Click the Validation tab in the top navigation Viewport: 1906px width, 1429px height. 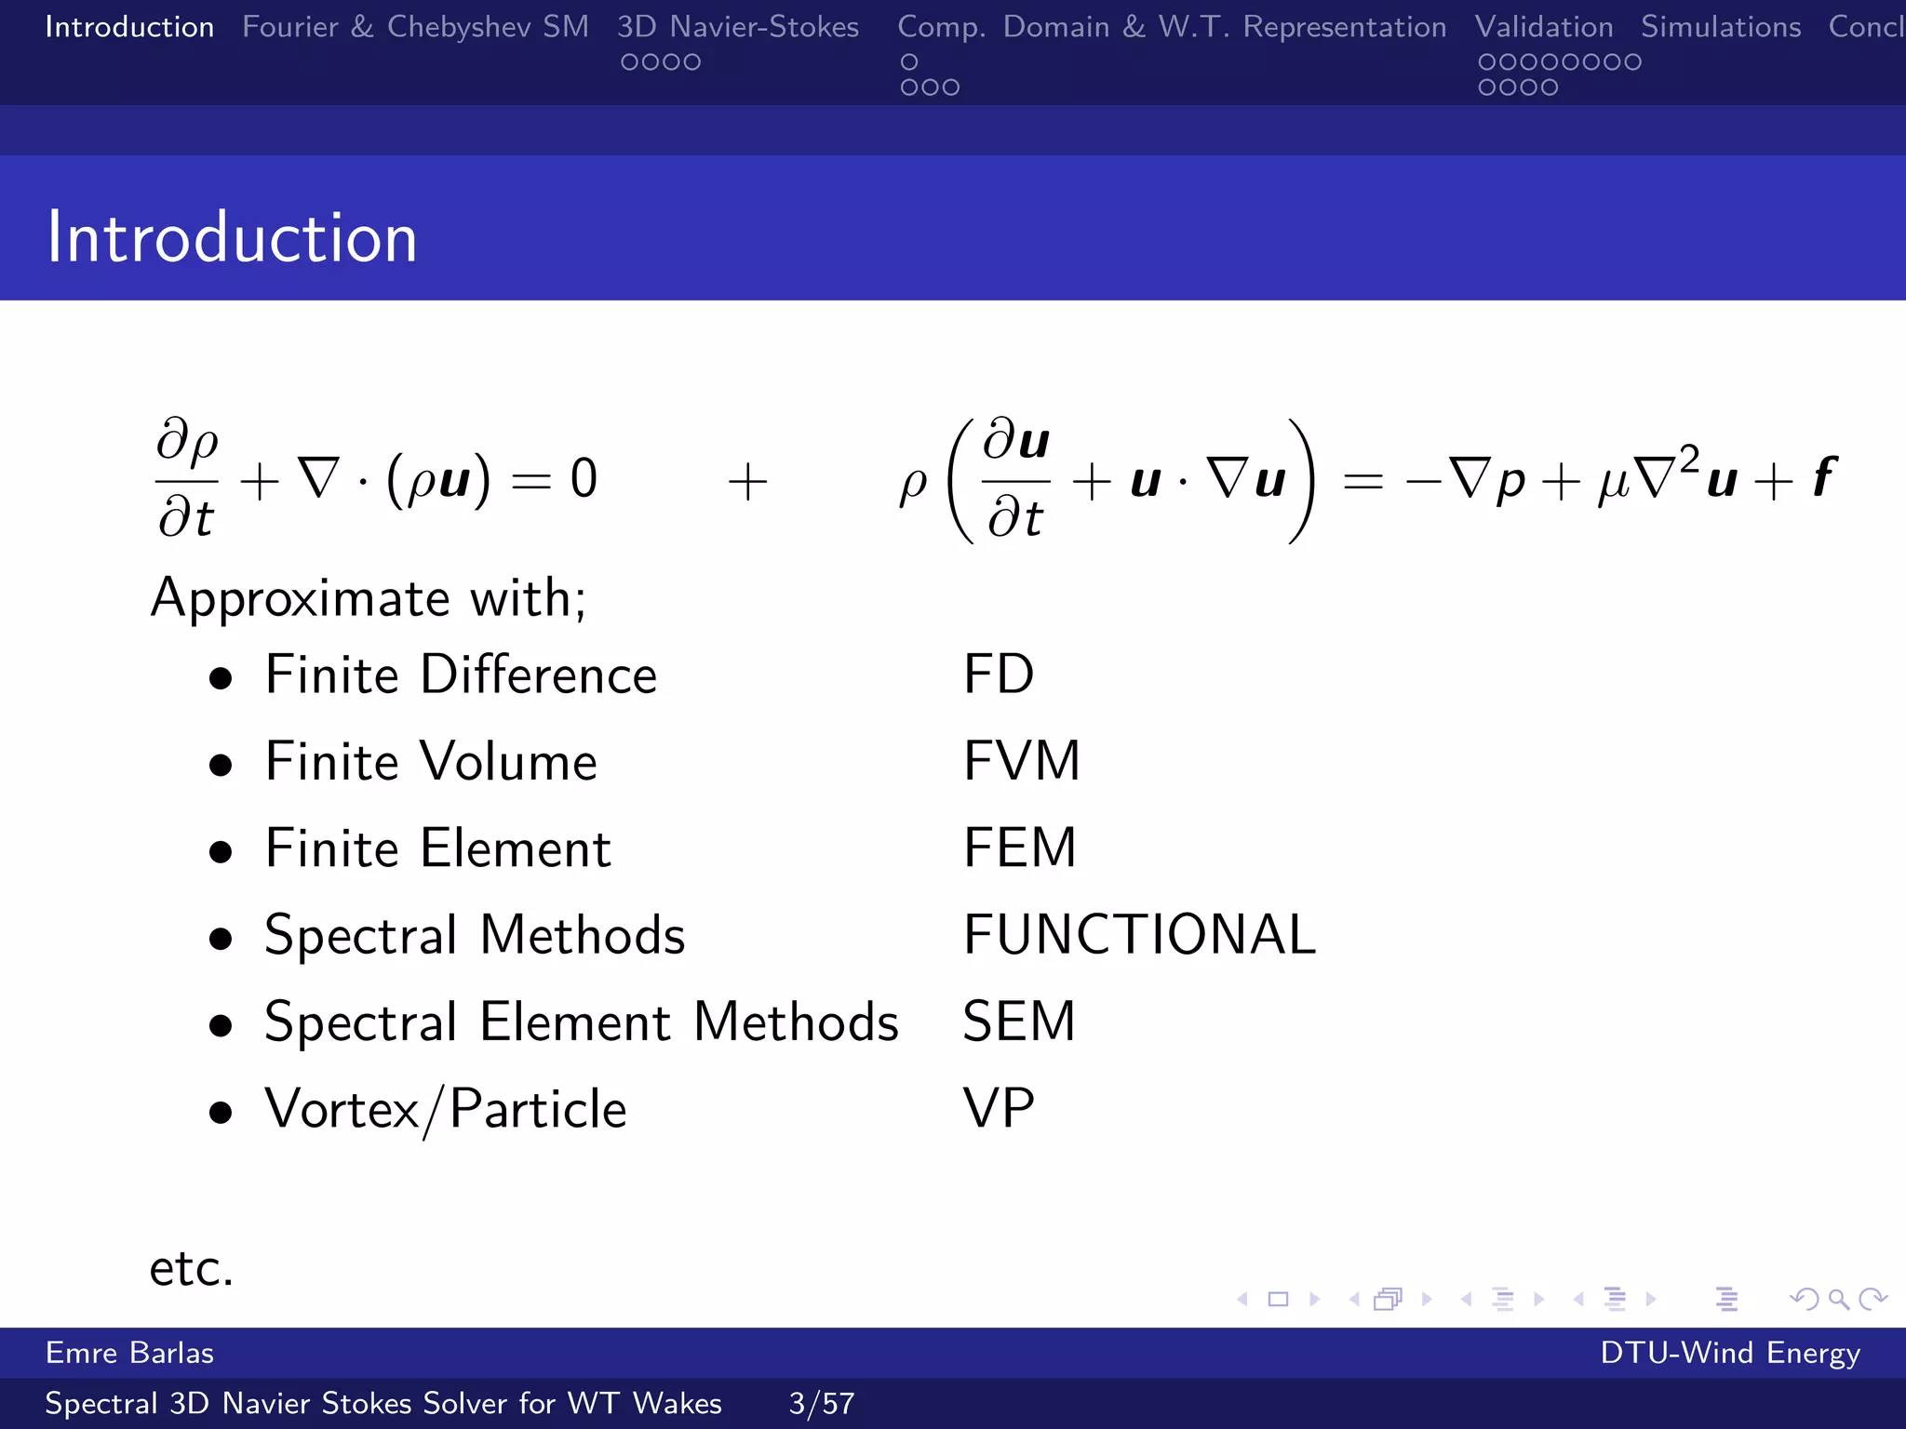[1543, 27]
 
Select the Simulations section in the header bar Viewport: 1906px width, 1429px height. [1721, 27]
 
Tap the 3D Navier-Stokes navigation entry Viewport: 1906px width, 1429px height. [737, 27]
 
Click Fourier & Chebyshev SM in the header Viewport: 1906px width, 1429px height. [415, 27]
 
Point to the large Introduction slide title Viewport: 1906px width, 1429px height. [232, 238]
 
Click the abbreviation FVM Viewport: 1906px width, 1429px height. [1021, 761]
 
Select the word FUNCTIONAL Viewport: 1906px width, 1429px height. [1139, 935]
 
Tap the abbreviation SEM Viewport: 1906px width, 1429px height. [1018, 1022]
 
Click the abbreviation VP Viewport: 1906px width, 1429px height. [998, 1108]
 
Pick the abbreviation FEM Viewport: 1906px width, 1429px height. [1019, 848]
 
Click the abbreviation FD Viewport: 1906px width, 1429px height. [998, 674]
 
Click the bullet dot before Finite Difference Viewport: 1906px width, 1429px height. [221, 679]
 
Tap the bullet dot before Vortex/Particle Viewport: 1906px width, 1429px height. [221, 1113]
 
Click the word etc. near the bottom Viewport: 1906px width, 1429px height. [191, 1268]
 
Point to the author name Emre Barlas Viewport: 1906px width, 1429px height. [129, 1353]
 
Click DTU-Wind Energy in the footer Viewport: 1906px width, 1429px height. [1729, 1353]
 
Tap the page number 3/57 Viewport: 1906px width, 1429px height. [821, 1403]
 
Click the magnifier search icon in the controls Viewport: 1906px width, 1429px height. [1838, 1299]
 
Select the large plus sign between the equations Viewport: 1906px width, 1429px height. [747, 483]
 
